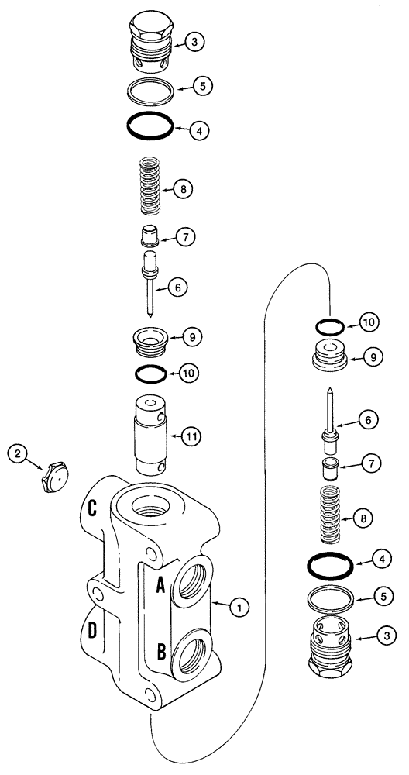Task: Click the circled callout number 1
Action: pyautogui.click(x=240, y=609)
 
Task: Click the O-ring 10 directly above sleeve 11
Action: pyautogui.click(x=149, y=374)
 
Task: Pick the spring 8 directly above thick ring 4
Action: pyautogui.click(x=332, y=515)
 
